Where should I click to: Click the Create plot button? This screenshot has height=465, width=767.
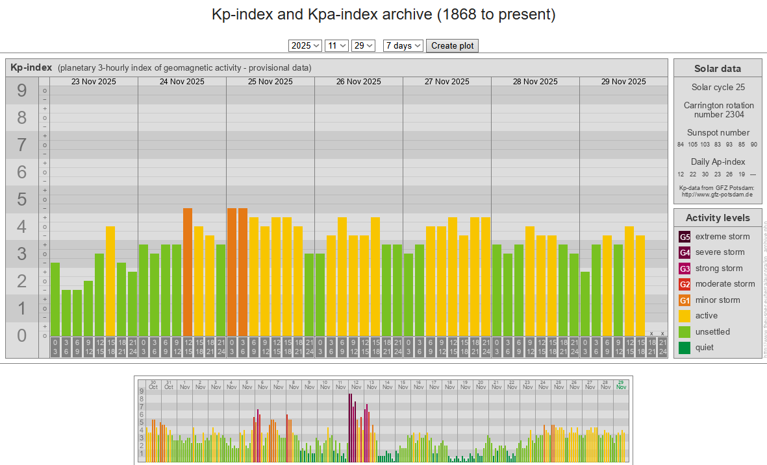452,45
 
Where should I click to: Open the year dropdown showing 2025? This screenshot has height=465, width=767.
305,45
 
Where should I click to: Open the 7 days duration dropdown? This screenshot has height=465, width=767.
403,45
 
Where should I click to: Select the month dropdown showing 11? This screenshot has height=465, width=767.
336,45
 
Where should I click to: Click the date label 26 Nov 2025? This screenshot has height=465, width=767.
358,82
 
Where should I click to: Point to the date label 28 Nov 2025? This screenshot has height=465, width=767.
535,82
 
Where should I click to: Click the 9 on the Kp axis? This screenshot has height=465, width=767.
22,91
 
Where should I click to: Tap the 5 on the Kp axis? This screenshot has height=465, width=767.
22,200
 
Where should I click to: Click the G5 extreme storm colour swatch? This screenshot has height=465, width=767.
685,237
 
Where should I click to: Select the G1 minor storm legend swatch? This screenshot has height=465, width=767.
685,300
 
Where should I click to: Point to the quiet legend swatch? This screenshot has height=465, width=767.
685,348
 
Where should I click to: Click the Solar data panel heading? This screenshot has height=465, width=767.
717,69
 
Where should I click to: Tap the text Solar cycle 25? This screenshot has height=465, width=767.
717,87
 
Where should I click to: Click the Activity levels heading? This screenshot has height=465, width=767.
717,218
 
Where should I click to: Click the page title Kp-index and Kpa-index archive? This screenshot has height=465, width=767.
383,14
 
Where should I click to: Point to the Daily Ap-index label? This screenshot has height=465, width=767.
717,161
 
